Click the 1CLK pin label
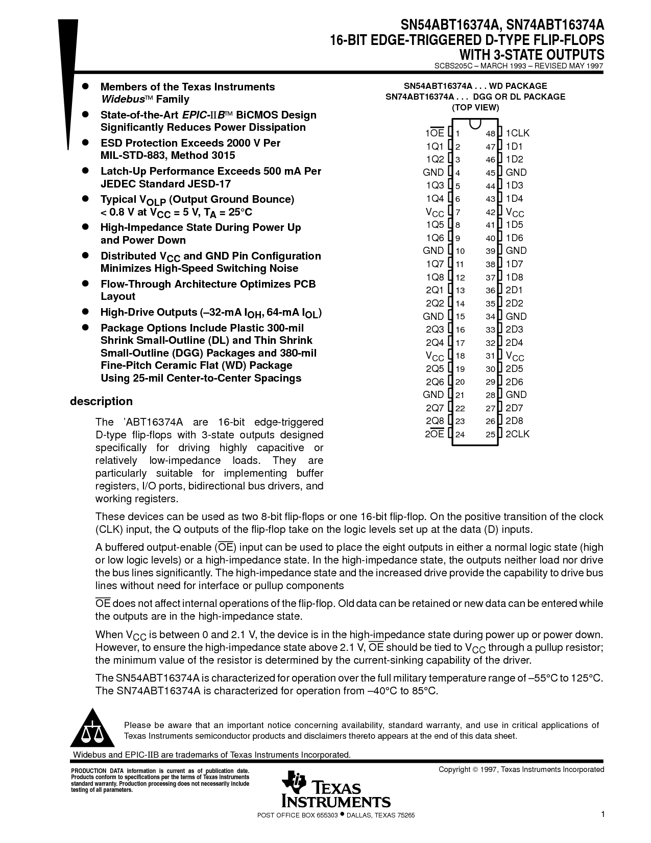[517, 133]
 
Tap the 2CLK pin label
[517, 434]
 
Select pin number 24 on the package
[460, 435]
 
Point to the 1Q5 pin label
[435, 225]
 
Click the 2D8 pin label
[514, 421]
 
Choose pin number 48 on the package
[490, 134]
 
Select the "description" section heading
[101, 402]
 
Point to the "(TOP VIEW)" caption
[475, 107]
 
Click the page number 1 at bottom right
[602, 814]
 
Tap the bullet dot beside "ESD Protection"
[86, 143]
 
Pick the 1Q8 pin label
[435, 277]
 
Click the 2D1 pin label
[514, 290]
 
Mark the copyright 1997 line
[521, 769]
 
